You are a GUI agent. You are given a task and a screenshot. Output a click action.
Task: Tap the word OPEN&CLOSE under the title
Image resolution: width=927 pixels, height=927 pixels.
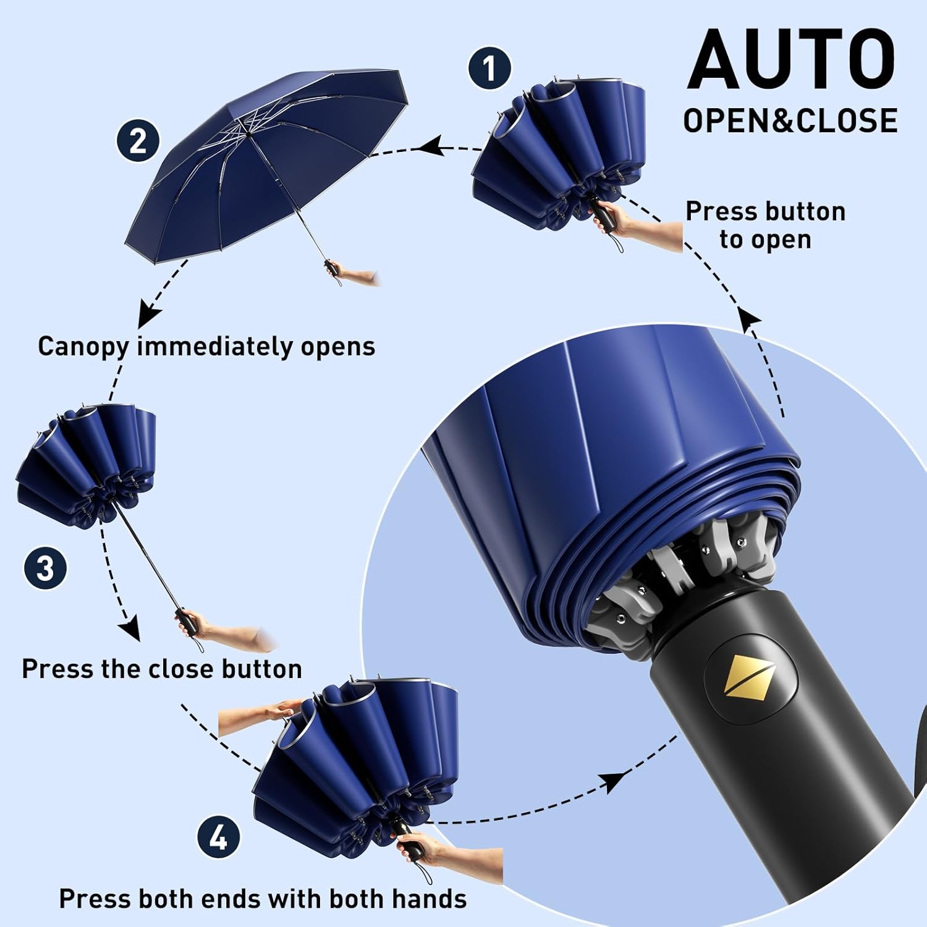[x=790, y=121]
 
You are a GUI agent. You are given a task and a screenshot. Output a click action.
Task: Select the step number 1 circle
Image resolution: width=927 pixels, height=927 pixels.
[x=489, y=68]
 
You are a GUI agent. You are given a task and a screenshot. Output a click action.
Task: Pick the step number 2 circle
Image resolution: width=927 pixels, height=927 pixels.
[x=138, y=140]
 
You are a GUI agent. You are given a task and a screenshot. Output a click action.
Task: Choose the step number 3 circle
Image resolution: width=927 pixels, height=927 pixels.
[x=45, y=567]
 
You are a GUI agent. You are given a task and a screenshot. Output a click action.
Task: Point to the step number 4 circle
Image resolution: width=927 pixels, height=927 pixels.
[x=218, y=837]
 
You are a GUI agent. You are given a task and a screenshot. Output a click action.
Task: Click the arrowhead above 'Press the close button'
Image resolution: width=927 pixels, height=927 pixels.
[x=130, y=630]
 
